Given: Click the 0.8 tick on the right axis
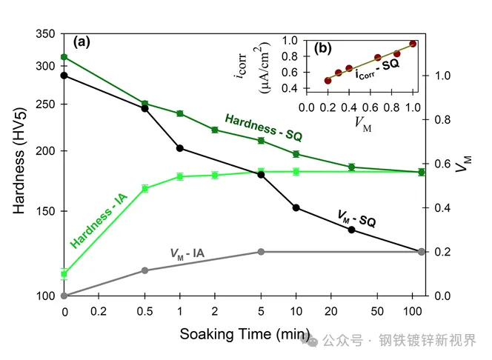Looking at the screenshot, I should coord(441,119).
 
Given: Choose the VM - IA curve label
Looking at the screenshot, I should coord(187,255).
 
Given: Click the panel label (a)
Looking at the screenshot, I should coord(80,41).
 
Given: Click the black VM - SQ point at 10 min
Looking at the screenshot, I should coord(296,207).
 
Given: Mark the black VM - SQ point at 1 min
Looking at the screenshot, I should coord(180,148).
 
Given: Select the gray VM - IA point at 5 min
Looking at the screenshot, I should coord(260,252).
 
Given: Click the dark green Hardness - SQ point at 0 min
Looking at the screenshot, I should coord(64,57).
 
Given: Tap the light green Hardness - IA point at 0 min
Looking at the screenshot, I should coord(64,273).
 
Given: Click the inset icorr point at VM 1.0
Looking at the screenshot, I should coord(413,44).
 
